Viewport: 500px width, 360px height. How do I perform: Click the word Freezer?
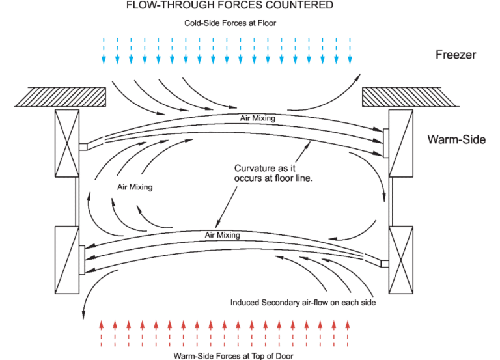[456, 55]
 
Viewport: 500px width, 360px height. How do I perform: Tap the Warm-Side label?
[456, 139]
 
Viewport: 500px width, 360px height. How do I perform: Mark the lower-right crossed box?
[402, 260]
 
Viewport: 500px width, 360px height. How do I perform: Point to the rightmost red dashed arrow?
[347, 332]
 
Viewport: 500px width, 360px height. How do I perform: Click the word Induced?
[245, 303]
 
